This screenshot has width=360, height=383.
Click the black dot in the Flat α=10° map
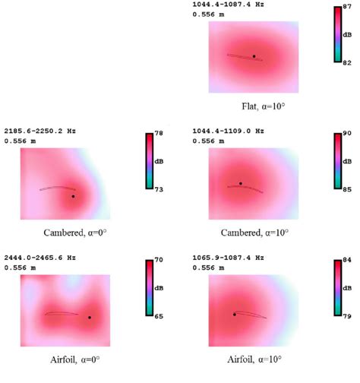pyautogui.click(x=254, y=56)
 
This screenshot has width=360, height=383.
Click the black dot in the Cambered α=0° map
pyautogui.click(x=73, y=196)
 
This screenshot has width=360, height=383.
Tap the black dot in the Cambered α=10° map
pyautogui.click(x=241, y=183)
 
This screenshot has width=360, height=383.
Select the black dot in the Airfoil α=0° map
pyautogui.click(x=89, y=318)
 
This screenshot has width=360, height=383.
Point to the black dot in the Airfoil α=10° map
pyautogui.click(x=234, y=314)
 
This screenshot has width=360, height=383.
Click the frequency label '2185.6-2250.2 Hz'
pyautogui.click(x=40, y=131)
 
